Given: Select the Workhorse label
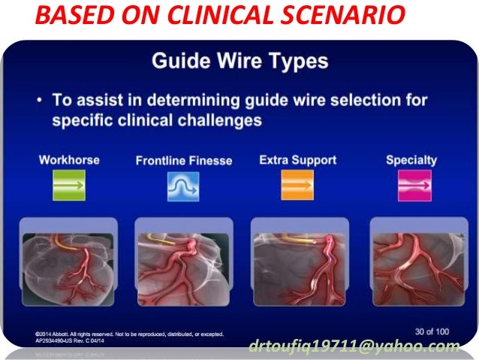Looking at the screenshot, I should click(68, 160).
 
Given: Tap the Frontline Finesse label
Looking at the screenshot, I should click(184, 161).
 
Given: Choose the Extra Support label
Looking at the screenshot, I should click(298, 160).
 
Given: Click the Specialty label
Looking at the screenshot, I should click(411, 160).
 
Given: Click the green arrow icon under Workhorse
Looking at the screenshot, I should click(69, 185).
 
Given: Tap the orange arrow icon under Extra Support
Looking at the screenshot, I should click(298, 185).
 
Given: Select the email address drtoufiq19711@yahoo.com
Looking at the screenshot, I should click(354, 346).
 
